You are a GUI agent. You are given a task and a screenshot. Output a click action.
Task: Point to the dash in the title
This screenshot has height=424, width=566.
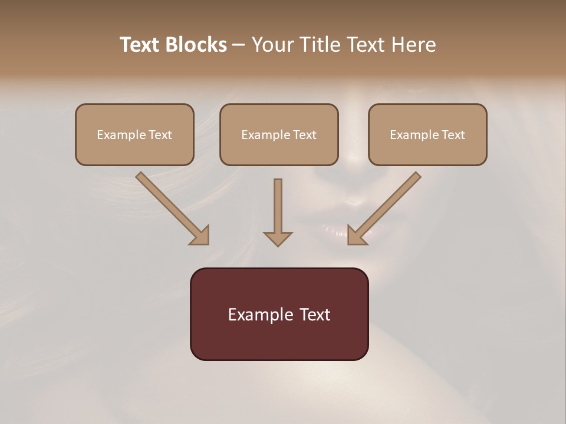pos(239,45)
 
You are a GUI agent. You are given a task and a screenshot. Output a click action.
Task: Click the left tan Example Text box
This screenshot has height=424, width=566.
pos(134,135)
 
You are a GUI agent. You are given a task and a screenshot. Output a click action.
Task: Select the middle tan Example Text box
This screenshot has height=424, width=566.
pos(279,135)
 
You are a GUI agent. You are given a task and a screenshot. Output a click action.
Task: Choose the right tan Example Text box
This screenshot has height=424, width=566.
pos(427,135)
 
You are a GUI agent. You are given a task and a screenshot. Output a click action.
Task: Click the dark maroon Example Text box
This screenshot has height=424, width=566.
pos(279,314)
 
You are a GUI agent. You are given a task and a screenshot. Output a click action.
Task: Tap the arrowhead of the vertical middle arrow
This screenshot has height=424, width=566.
pos(278,238)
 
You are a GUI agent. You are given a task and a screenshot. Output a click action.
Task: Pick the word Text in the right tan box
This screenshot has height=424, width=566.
pos(453,135)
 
